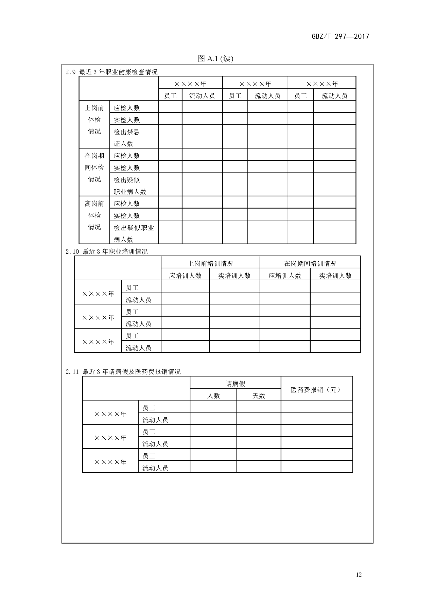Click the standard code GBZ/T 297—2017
pos(340,36)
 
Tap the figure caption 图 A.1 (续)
pos(215,58)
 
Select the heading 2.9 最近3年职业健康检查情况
pos(111,72)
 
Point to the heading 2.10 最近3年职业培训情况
pos(107,251)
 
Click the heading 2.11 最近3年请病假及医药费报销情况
pos(123,371)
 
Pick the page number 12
pos(359,575)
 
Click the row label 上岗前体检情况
pos(94,120)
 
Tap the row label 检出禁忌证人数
pos(126,138)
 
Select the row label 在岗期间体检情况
pos(94,168)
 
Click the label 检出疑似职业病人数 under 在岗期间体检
pos(130,186)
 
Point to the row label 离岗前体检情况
pos(94,215)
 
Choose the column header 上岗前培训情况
pos(210,263)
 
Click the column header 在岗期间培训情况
pos(310,263)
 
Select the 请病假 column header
pos(236,384)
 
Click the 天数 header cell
pos(259,396)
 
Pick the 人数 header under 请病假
pos(214,396)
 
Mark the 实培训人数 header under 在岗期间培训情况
pos(335,276)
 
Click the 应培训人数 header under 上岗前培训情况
pos(185,276)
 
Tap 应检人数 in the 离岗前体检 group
pos(127,204)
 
